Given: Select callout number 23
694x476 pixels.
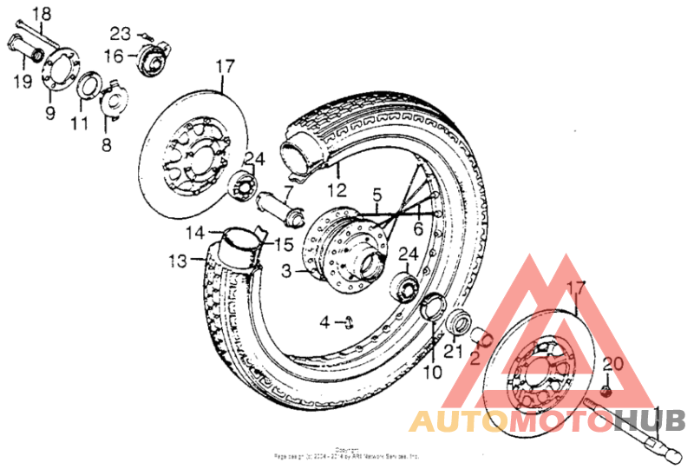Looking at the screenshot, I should point(120,35).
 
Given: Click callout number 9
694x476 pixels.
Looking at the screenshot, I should point(49,113).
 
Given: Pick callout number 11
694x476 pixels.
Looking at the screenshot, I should point(80,123).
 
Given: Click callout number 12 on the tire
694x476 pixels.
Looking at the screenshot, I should point(337,188).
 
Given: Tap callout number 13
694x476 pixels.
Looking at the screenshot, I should point(177,260).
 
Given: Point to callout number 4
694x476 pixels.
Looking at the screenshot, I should point(324,322).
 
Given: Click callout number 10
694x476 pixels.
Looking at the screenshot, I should point(433,372).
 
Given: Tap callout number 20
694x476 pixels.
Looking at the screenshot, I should point(612,366).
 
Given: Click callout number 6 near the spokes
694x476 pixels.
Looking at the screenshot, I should point(417,229).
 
